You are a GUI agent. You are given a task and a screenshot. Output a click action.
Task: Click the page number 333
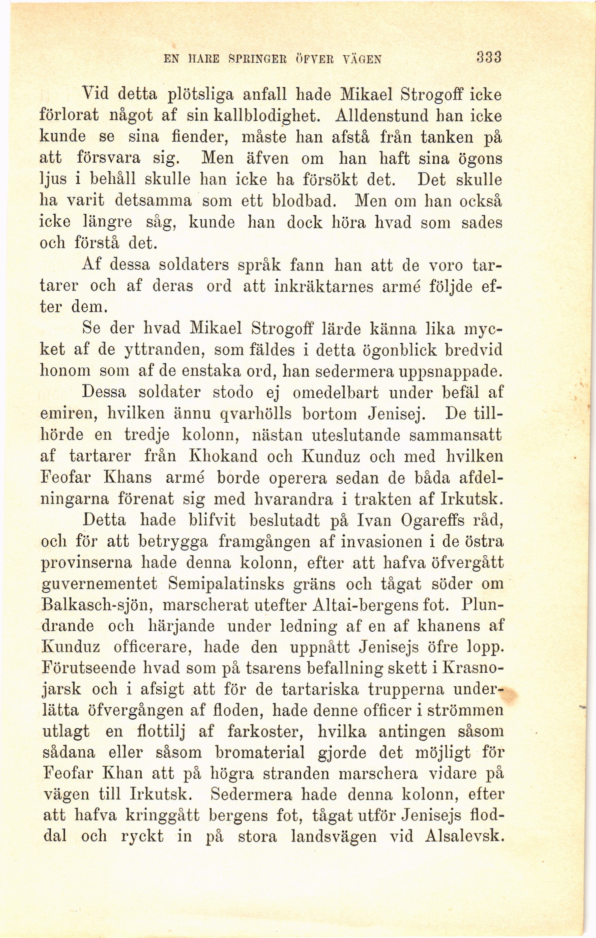coord(488,56)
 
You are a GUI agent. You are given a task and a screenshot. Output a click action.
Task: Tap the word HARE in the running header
coord(201,59)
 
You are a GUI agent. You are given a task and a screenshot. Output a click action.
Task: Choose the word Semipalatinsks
coord(226,584)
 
